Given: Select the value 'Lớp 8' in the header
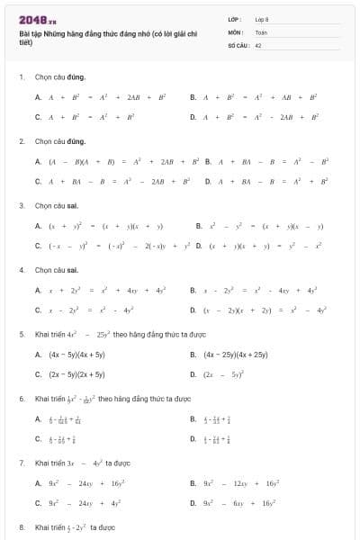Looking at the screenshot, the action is pos(262,18).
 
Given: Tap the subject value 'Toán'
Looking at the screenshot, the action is pos(261,31).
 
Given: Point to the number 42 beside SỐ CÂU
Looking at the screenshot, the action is pos(258,44).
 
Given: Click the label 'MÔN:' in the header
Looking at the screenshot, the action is pos(236,31).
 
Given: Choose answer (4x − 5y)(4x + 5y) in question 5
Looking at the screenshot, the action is pos(76,355).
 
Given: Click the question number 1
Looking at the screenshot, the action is pos(22,77).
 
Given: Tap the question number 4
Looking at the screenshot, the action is pos(22,270).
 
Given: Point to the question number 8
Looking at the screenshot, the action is pos(22,526).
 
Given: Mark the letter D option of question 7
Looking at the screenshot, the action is pos(193,502).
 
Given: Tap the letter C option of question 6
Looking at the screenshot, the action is pos(38,439).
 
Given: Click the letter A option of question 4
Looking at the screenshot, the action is pos(38,290).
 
